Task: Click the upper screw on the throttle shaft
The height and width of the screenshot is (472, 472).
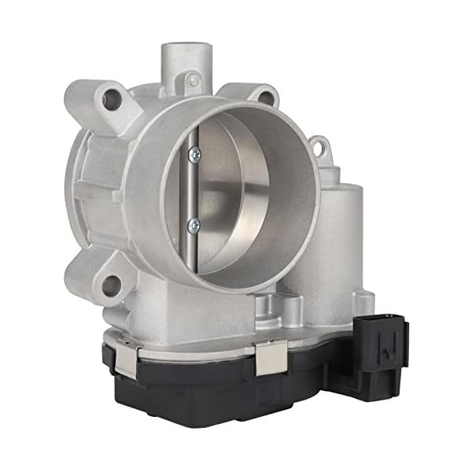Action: point(194,155)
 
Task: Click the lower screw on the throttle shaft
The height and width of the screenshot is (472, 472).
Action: point(194,225)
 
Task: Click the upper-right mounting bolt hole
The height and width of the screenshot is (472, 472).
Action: point(265,98)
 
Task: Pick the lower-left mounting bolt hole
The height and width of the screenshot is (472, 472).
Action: point(111,284)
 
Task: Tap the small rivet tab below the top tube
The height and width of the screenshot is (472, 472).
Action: point(193,80)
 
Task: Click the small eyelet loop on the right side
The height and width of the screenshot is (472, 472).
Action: point(319,146)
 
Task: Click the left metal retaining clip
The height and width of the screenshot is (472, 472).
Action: point(125,358)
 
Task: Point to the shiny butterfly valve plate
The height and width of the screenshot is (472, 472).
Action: point(236,197)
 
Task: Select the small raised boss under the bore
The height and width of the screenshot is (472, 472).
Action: point(271,303)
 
